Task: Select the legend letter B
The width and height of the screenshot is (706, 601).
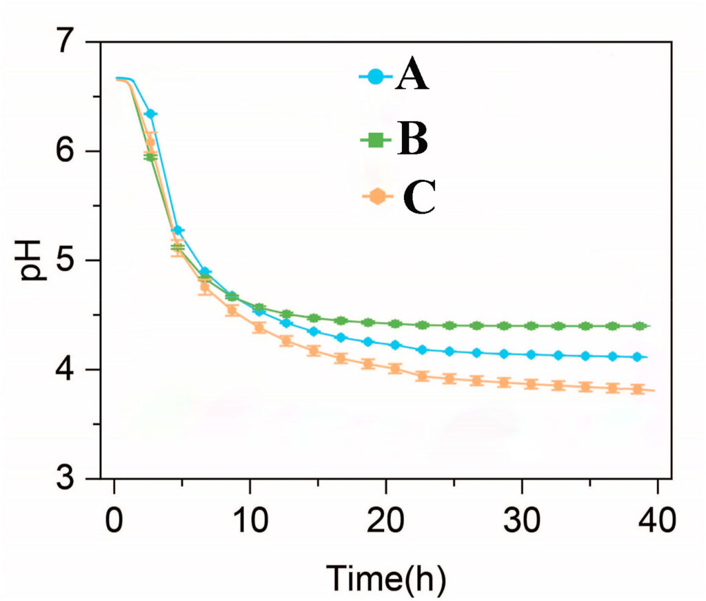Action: click(412, 140)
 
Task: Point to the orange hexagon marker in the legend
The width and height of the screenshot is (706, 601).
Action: click(376, 197)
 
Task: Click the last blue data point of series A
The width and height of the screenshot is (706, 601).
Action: click(637, 357)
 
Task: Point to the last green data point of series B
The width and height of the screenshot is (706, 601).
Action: click(639, 326)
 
